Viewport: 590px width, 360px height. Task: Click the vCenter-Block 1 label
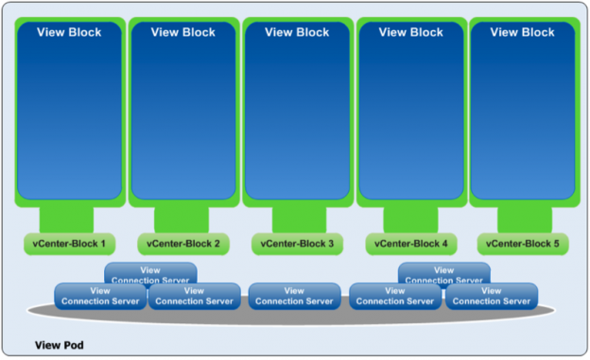(x=71, y=244)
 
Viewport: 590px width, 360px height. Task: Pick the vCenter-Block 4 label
(x=410, y=244)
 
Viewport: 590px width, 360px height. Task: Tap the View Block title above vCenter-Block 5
(x=524, y=32)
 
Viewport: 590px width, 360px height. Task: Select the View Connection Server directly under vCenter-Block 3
(x=294, y=296)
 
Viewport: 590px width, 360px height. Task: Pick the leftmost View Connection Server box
(x=100, y=296)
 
